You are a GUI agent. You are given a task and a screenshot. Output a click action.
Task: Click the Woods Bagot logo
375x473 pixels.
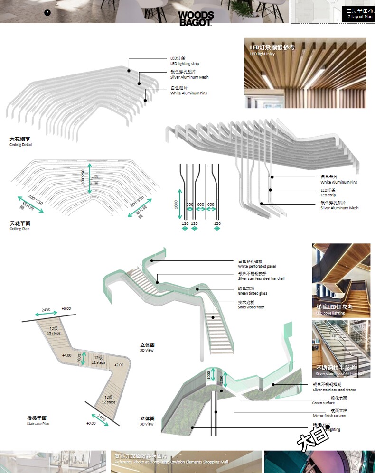coord(196,18)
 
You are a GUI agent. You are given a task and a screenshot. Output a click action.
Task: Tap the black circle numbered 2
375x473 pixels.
coord(47,13)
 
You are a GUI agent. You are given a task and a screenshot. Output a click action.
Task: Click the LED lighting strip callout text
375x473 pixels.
coord(185,61)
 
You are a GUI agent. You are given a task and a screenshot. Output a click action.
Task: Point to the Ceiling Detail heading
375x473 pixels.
coord(21,142)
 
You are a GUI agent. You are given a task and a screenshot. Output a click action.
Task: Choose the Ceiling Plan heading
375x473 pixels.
coord(20,226)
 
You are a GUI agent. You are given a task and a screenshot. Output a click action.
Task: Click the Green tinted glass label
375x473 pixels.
coord(253,291)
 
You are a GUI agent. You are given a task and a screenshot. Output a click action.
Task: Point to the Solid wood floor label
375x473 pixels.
coord(251,305)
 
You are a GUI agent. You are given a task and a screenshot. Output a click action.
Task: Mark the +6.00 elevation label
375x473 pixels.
coord(66,308)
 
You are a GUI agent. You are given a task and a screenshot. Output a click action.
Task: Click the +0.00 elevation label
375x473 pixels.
coord(91,423)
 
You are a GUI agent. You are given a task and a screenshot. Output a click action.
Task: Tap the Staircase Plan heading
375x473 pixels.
coord(38,421)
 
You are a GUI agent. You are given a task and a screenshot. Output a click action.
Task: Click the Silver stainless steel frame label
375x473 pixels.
coord(334,387)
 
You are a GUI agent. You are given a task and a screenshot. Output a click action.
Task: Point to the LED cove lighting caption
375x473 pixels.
coord(330,310)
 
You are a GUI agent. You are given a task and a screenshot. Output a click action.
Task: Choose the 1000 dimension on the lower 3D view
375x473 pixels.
coord(208,374)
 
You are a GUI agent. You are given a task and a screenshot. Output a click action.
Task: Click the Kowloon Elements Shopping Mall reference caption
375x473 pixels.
coord(171,459)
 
